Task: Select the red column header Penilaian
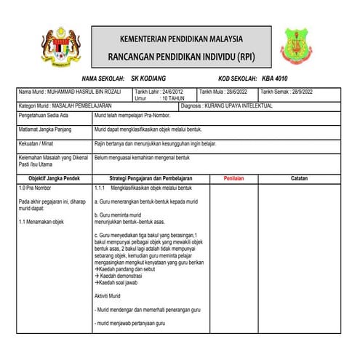(233, 177)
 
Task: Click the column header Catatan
(299, 177)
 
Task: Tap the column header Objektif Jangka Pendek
(54, 177)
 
